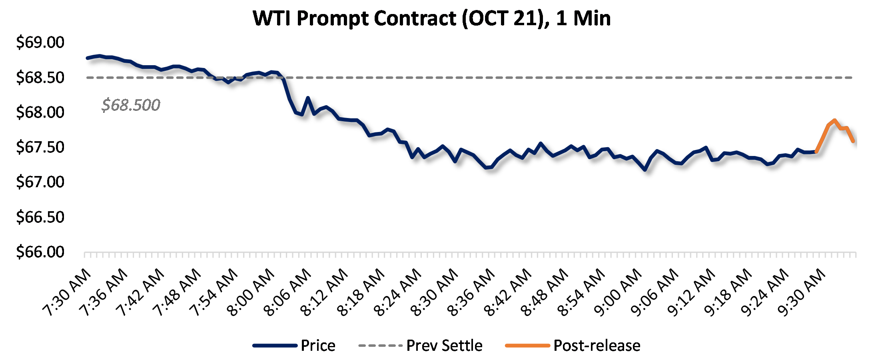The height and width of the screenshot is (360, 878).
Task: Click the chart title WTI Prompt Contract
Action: click(432, 18)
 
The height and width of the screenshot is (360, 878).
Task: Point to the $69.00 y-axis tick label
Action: click(40, 42)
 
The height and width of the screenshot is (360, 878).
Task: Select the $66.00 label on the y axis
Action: click(40, 252)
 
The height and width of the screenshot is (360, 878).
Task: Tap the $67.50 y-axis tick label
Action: click(40, 147)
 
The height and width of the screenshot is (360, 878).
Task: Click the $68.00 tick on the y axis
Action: click(40, 112)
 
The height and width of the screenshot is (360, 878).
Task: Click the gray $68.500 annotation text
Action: click(131, 105)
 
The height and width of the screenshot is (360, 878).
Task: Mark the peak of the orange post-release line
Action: click(834, 120)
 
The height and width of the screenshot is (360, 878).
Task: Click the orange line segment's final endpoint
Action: click(853, 141)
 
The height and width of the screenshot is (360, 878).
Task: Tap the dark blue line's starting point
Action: click(88, 58)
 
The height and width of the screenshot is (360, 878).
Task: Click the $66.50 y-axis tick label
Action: click(40, 217)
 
